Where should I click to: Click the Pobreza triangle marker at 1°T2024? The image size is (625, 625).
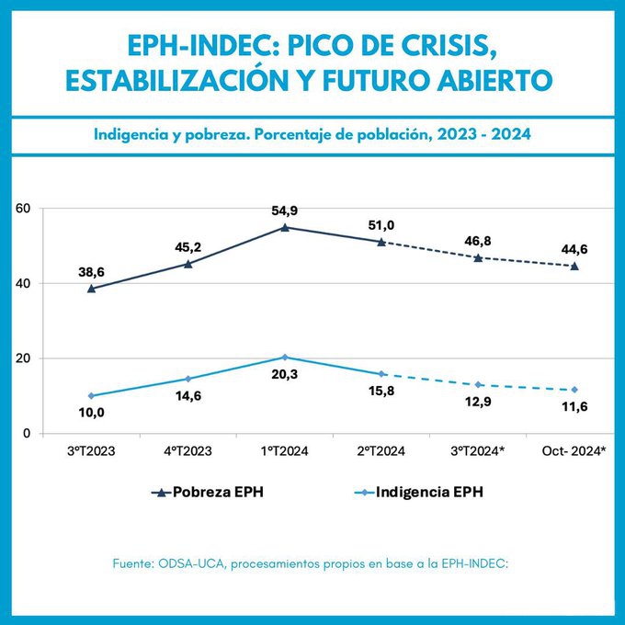pyautogui.click(x=285, y=227)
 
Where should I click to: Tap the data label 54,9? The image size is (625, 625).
pyautogui.click(x=285, y=211)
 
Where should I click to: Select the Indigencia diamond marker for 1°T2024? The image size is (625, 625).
pyautogui.click(x=285, y=357)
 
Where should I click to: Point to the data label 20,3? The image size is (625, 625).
pyautogui.click(x=285, y=374)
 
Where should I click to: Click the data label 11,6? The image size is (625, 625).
pyautogui.click(x=574, y=407)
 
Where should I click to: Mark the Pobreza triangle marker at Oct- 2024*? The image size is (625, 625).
pyautogui.click(x=574, y=267)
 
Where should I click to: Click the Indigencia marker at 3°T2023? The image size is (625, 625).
pyautogui.click(x=91, y=395)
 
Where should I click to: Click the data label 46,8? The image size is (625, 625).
pyautogui.click(x=478, y=242)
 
